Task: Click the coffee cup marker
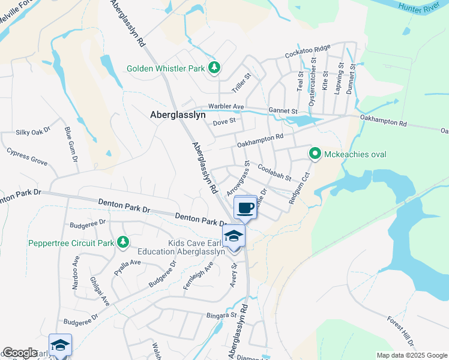[245, 208]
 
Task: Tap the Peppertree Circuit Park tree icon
[122, 242]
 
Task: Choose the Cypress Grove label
[27, 158]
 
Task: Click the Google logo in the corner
[20, 353]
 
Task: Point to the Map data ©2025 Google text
[412, 355]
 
